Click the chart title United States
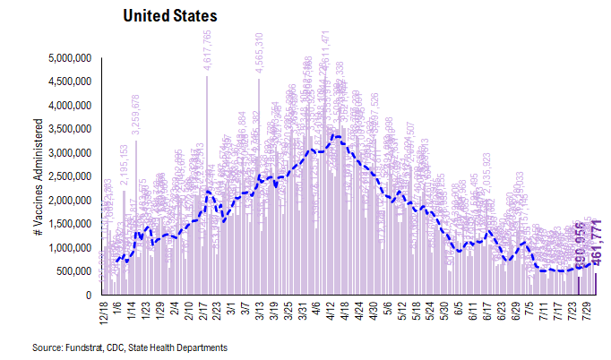(169, 17)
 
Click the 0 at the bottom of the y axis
(90, 295)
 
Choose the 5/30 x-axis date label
(445, 313)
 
